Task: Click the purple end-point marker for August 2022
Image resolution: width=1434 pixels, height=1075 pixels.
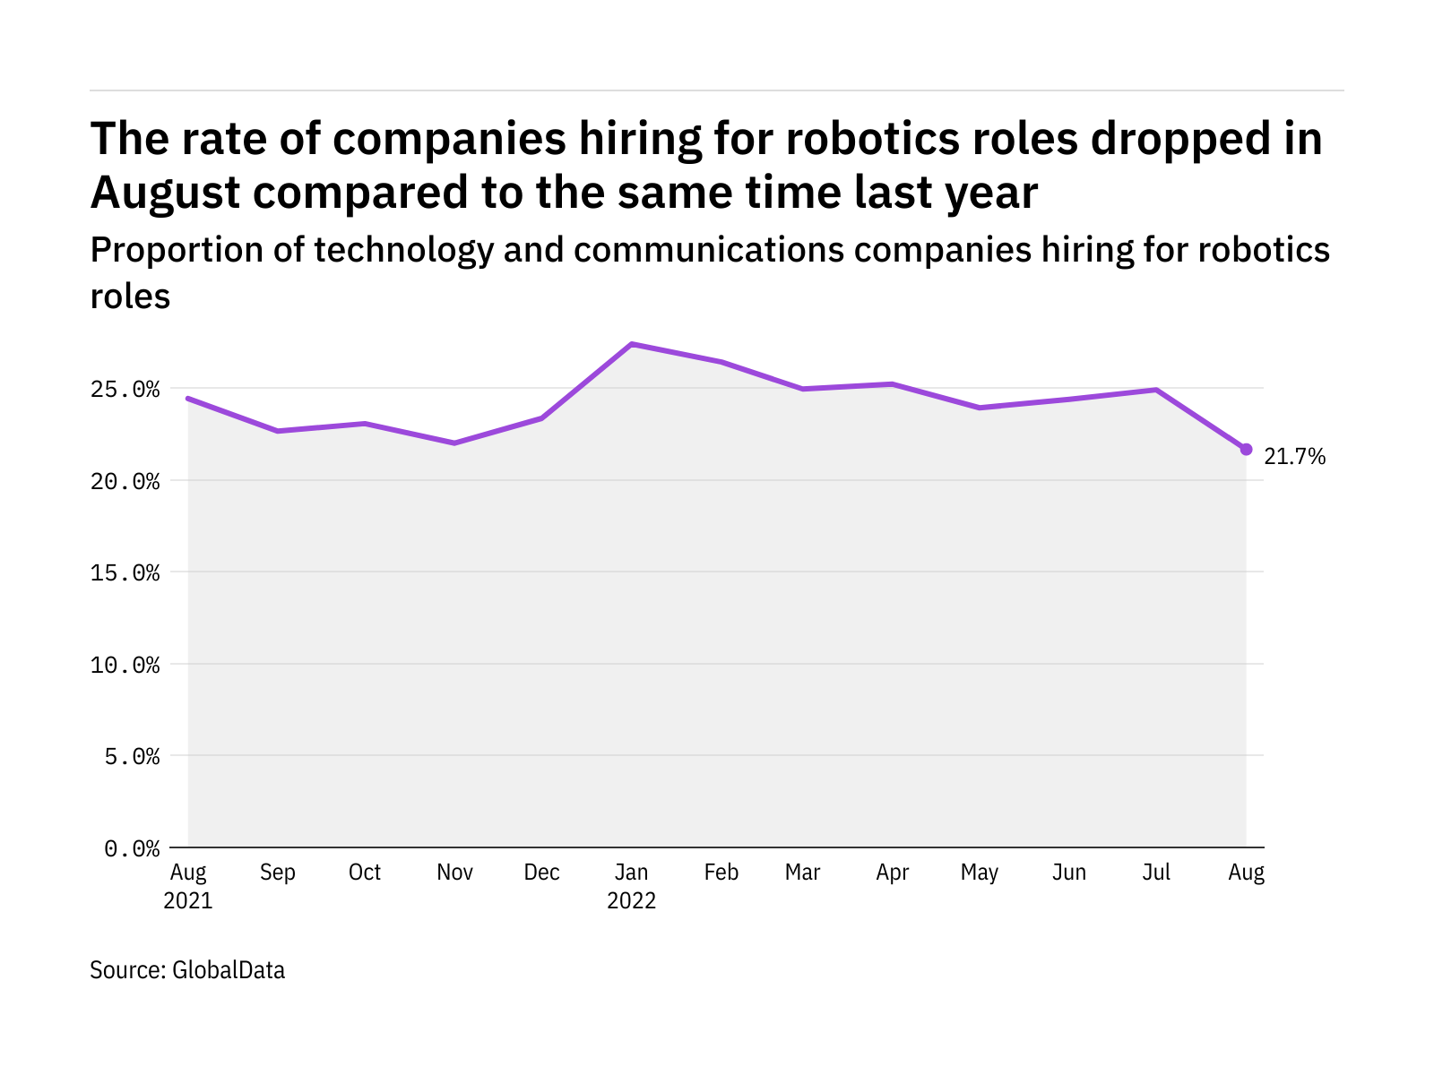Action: [x=1246, y=449]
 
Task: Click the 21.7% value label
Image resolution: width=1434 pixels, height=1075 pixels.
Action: [x=1294, y=456]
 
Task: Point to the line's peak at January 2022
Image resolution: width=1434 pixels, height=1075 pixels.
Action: [x=631, y=344]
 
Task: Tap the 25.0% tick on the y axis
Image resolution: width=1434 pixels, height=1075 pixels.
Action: [x=125, y=390]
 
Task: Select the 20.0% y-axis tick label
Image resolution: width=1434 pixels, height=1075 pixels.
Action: [x=125, y=482]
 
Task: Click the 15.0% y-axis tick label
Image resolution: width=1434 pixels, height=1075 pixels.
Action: [x=125, y=573]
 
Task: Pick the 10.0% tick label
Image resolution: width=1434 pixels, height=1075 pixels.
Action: [x=125, y=665]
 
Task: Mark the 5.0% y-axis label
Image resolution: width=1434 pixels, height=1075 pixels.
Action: [x=132, y=756]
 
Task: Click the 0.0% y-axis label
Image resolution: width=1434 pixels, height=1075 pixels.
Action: [x=132, y=848]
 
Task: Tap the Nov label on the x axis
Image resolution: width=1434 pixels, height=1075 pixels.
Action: [x=454, y=872]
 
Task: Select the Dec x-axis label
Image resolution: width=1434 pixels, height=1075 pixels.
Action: [x=541, y=872]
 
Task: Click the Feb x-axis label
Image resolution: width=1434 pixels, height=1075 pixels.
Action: [x=721, y=872]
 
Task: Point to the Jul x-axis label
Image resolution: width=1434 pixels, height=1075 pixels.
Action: [x=1156, y=872]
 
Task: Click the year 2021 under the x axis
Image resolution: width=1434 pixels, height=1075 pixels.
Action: [x=188, y=900]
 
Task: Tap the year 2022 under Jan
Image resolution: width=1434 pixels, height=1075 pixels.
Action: [x=631, y=900]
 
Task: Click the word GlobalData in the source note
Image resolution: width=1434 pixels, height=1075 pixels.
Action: [x=229, y=970]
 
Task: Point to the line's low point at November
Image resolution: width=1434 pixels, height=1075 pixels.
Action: [x=454, y=443]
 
